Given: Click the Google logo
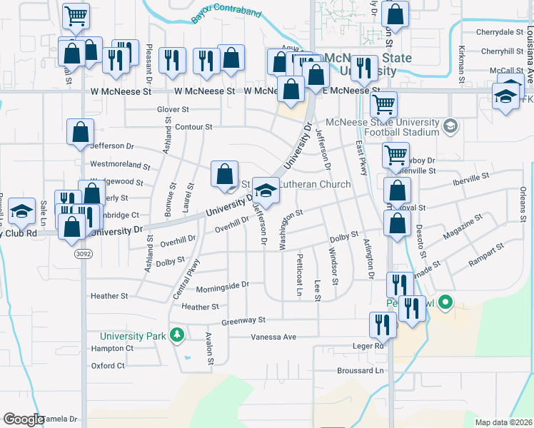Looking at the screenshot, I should point(23,419).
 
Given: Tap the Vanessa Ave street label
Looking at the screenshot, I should point(273,337).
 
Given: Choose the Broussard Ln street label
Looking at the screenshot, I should point(360,370).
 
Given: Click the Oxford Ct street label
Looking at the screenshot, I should point(108,365).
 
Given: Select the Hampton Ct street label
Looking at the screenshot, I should point(112,348).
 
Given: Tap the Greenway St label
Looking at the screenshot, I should point(243,321).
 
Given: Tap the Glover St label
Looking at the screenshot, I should point(173,110).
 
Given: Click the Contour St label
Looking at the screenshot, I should point(193,127).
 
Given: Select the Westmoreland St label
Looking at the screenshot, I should point(120,165).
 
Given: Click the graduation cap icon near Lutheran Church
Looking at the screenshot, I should point(266,189).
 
